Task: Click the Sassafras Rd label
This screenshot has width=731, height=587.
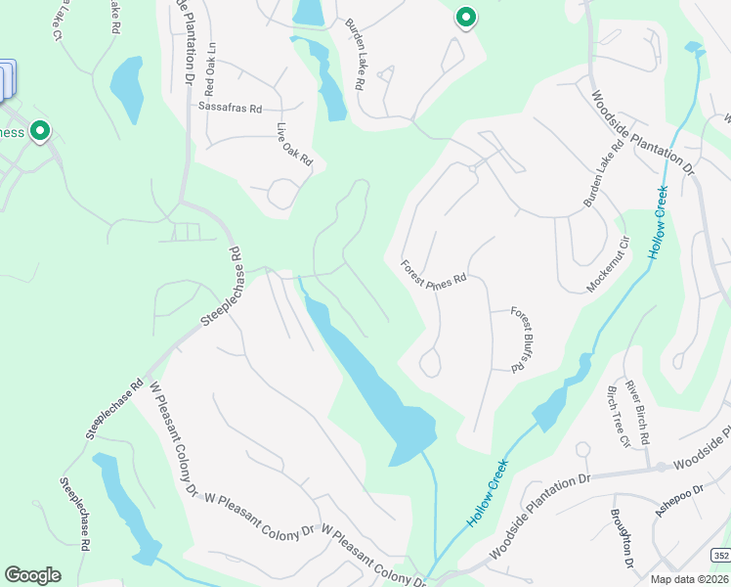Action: (x=231, y=108)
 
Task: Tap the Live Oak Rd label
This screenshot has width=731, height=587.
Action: (x=294, y=144)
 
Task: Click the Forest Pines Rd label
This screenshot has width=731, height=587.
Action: (x=435, y=272)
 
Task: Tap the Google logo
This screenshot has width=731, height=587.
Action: (x=32, y=575)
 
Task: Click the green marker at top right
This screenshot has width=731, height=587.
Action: (x=466, y=18)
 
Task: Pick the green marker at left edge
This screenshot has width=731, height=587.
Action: (x=40, y=130)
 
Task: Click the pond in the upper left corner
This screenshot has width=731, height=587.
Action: (x=127, y=86)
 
